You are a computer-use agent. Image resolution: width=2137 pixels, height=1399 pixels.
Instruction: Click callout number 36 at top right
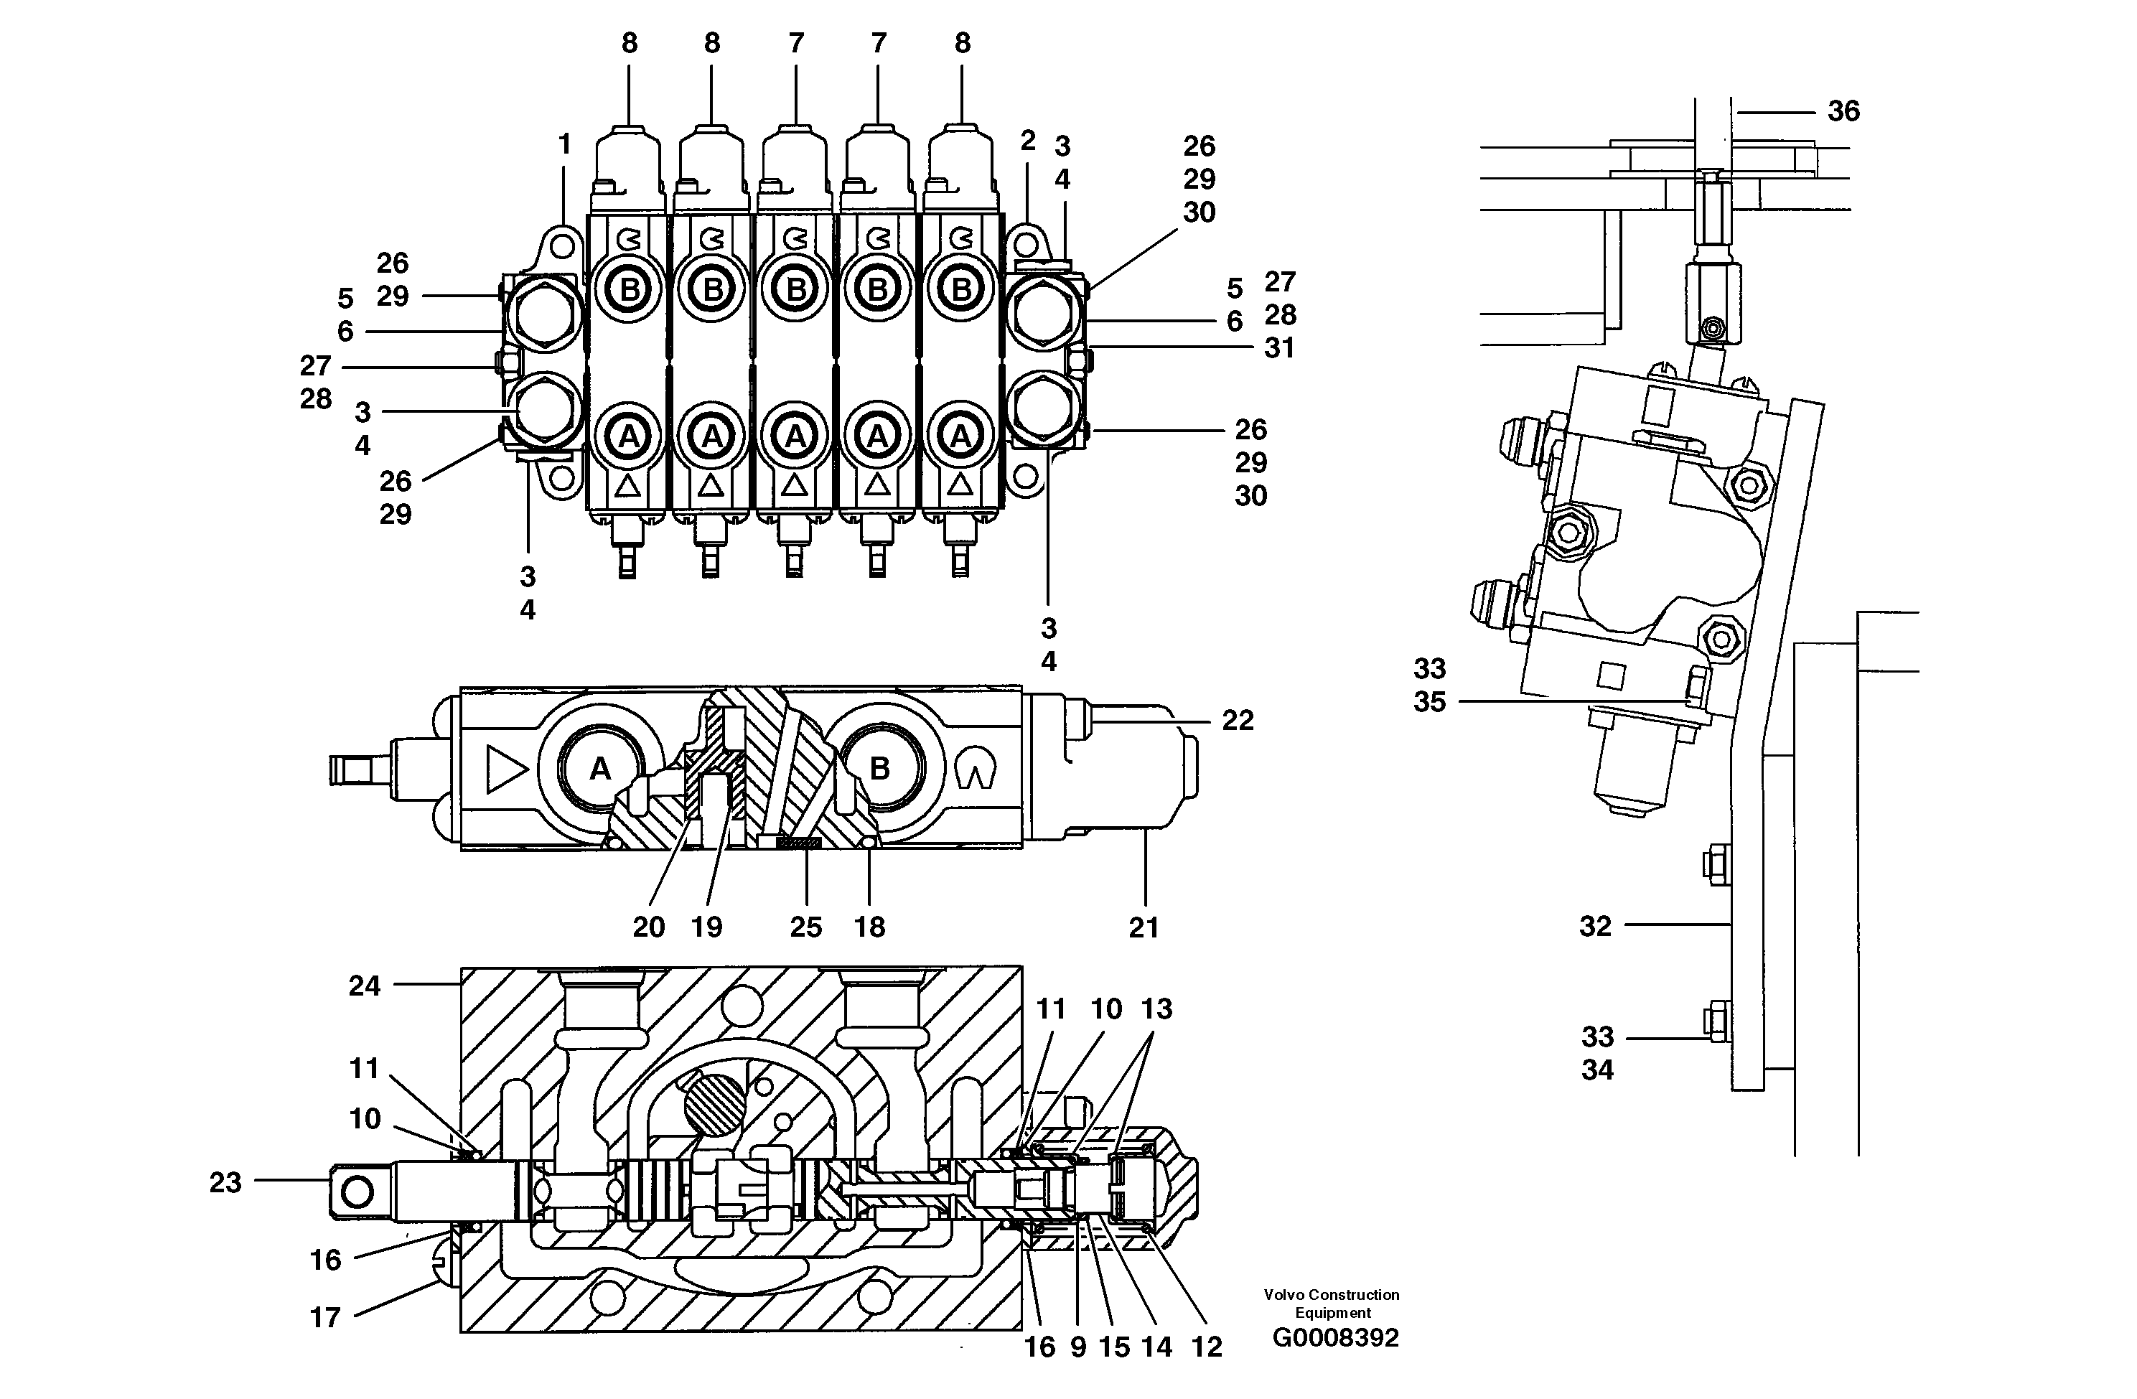(x=1843, y=111)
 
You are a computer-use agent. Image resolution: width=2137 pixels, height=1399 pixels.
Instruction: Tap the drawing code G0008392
(x=1335, y=1338)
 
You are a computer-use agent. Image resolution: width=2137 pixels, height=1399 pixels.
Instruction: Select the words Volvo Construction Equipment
(x=1332, y=1303)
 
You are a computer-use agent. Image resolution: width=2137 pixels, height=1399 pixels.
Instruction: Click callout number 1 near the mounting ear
(x=565, y=144)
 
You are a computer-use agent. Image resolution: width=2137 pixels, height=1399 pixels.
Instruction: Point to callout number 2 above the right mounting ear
(x=1028, y=140)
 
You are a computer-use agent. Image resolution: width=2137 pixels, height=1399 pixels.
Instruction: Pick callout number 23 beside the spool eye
(x=225, y=1183)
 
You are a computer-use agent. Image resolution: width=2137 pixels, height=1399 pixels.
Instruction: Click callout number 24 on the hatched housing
(x=365, y=986)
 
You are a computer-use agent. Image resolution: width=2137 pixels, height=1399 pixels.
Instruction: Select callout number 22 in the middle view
(x=1238, y=720)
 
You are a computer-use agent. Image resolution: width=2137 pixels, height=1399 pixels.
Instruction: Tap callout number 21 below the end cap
(x=1144, y=927)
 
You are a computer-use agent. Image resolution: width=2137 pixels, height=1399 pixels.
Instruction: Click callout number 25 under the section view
(x=805, y=927)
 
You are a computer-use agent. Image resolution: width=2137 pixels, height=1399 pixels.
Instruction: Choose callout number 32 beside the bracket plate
(x=1596, y=926)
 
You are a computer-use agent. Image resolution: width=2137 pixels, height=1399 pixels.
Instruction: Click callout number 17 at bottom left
(x=325, y=1317)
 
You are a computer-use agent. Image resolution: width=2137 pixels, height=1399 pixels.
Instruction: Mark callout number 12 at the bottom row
(x=1207, y=1347)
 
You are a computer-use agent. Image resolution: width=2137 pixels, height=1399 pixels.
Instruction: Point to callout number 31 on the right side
(x=1279, y=348)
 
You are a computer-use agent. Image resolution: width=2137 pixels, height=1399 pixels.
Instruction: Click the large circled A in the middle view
(x=600, y=769)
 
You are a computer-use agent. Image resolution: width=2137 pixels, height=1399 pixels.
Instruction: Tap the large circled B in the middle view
(x=879, y=769)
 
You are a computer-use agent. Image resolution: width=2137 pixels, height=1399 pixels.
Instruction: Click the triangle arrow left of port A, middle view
(x=506, y=769)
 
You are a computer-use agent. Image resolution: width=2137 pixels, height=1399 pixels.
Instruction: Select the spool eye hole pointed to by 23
(x=357, y=1192)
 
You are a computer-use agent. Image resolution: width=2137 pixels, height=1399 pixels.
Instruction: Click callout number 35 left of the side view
(x=1429, y=702)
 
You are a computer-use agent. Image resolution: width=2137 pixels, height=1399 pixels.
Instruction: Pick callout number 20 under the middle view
(x=648, y=927)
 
